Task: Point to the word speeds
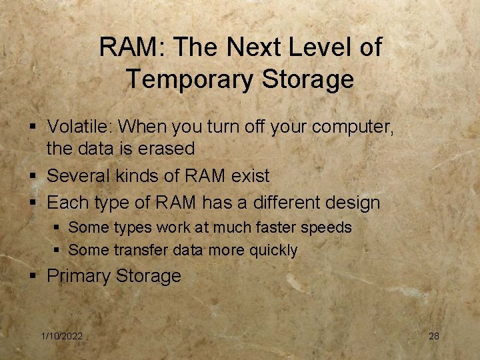coord(328,228)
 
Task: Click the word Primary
coord(79,276)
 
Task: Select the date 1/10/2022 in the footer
coord(62,337)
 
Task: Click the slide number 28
coord(433,337)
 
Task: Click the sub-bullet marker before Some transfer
coord(57,251)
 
